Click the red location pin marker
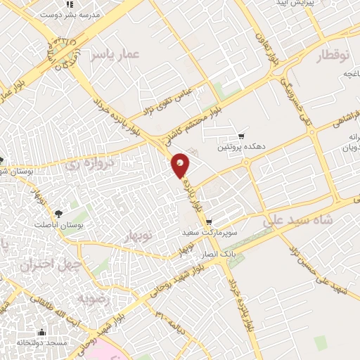click(181, 165)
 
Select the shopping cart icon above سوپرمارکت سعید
click(209, 221)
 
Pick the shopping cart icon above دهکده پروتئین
click(242, 136)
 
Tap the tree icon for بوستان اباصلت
click(58, 212)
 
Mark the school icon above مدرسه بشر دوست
click(68, 3)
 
